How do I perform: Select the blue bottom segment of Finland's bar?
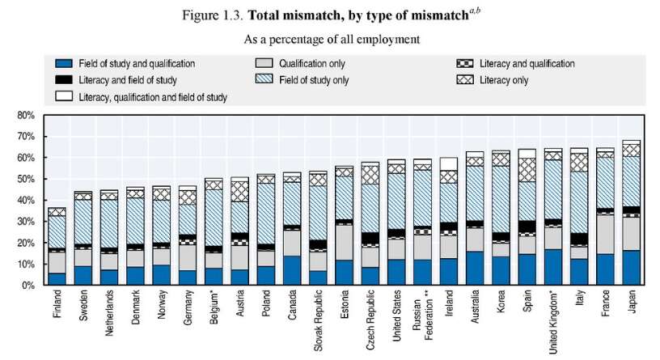[x=57, y=279]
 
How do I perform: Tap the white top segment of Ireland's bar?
[x=448, y=164]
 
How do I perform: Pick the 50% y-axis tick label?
[x=27, y=180]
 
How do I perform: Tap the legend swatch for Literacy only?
[x=463, y=79]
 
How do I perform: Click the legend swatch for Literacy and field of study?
[x=62, y=79]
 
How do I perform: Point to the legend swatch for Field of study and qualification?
[x=62, y=63]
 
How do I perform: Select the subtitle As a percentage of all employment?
[x=329, y=37]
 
